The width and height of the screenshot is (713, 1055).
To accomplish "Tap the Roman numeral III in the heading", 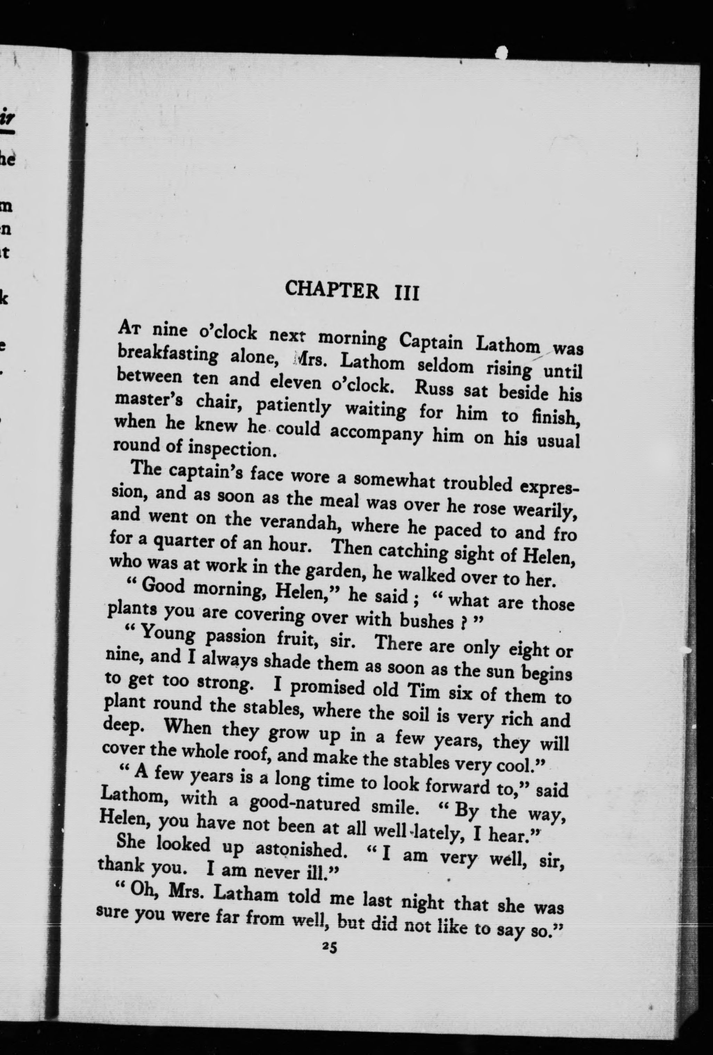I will point(405,293).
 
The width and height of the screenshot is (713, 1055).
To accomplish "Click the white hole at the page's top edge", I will point(501,53).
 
